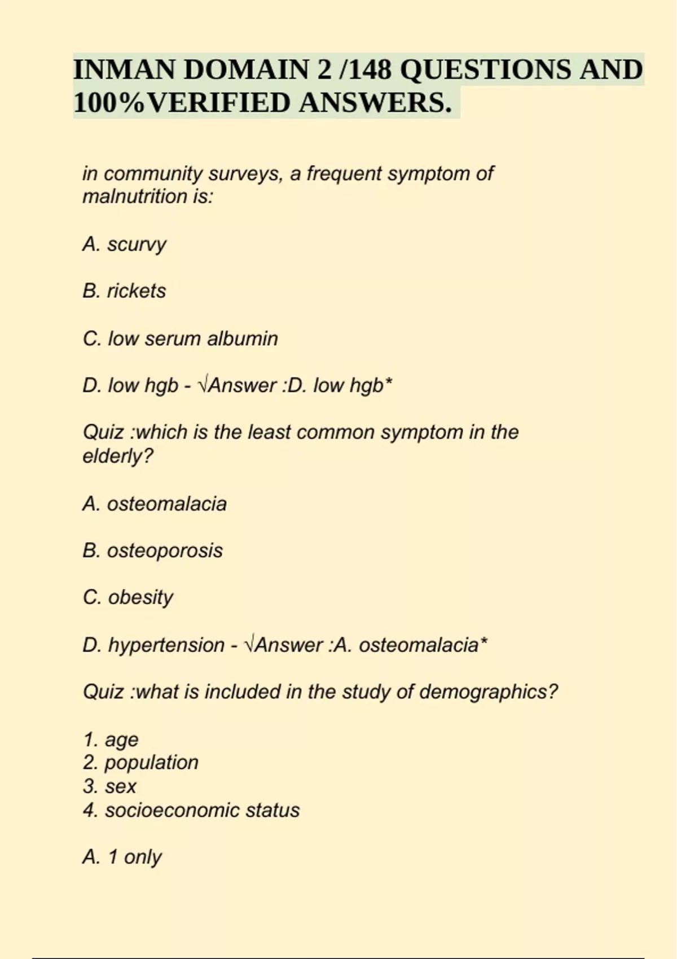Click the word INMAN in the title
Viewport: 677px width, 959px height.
123,70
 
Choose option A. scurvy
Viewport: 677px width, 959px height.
124,244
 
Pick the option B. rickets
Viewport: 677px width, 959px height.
124,291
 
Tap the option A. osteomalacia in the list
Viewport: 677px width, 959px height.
155,504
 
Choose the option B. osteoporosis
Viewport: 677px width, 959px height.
152,551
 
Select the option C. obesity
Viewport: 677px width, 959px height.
128,597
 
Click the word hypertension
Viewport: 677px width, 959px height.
166,645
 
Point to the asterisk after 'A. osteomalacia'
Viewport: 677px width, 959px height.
483,642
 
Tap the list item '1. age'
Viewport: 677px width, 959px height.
111,740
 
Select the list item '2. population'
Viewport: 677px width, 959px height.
140,763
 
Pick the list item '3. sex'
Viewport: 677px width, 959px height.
109,786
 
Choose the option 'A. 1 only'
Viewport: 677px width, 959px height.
122,857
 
